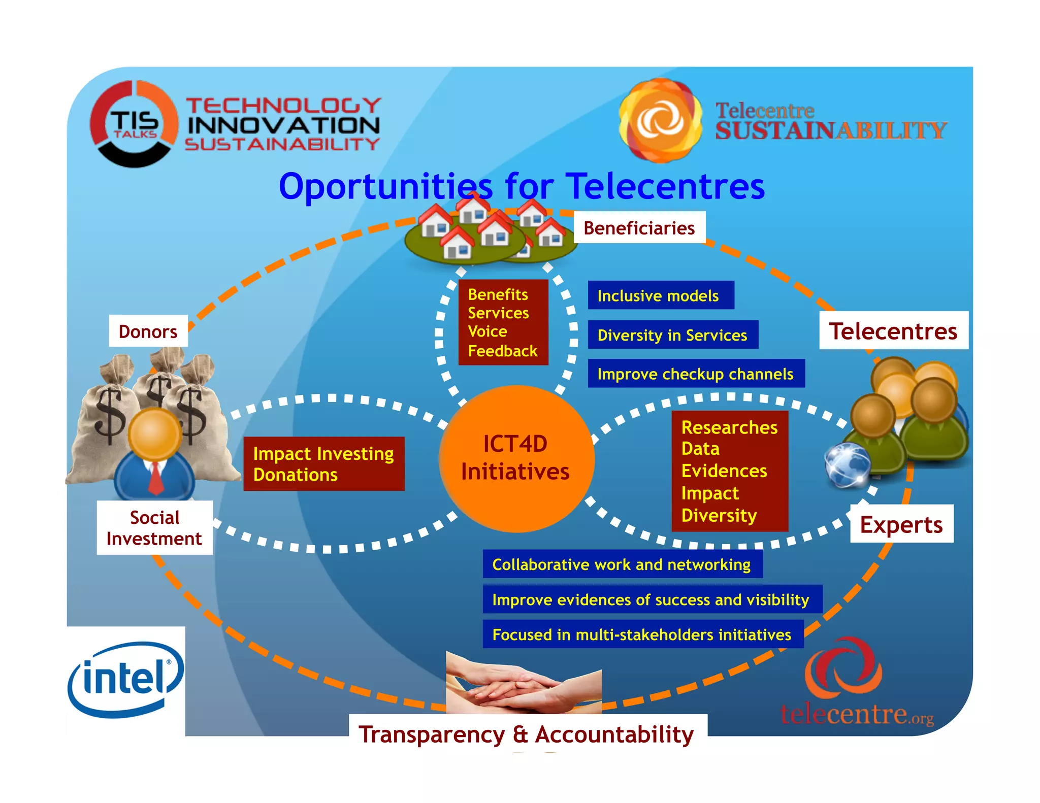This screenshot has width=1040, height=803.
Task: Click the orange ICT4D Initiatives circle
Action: coord(516,458)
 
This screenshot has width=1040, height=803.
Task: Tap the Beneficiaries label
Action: coord(639,228)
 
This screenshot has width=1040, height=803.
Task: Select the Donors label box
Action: coord(148,331)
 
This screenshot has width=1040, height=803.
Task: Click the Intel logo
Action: coord(125,679)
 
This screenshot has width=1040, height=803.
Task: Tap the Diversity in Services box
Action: coord(672,335)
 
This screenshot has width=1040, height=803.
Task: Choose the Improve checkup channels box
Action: coord(695,374)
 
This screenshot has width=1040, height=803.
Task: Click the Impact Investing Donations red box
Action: coord(323,464)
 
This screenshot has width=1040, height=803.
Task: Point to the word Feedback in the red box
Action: coord(502,351)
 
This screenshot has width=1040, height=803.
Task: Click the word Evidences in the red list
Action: coord(724,471)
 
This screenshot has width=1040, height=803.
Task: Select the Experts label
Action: coord(901,524)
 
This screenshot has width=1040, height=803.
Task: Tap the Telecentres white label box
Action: coord(893,331)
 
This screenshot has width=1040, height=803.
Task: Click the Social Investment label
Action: coord(154,528)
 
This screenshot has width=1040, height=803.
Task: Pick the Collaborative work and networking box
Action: coord(622,564)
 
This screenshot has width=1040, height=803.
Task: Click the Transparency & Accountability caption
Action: coord(527,734)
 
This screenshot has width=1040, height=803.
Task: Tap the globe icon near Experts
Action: coord(847,465)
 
